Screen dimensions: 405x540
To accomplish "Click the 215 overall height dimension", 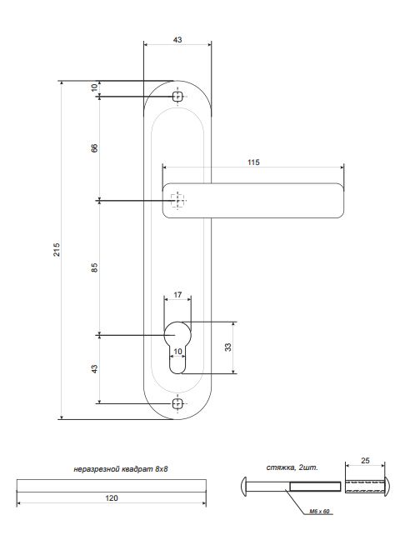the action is click(57, 250).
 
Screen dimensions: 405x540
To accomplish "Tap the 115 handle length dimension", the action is click(253, 162).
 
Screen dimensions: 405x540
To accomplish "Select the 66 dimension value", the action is click(94, 148).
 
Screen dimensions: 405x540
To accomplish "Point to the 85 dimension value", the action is click(94, 267).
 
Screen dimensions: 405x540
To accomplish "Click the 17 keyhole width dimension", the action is click(177, 295).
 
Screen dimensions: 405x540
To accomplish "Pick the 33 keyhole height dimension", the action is click(228, 347).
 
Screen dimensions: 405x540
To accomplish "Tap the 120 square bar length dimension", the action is click(112, 497).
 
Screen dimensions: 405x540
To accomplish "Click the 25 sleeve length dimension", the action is click(365, 460).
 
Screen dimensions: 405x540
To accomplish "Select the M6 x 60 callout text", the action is click(319, 512).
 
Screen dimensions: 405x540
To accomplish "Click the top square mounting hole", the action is click(177, 97).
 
